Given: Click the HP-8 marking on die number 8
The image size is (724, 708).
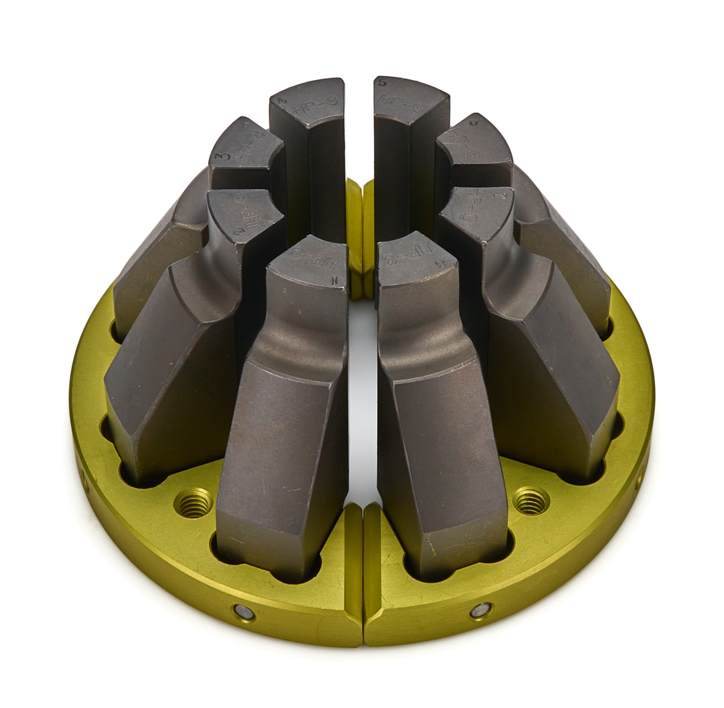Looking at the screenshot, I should (x=396, y=264).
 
